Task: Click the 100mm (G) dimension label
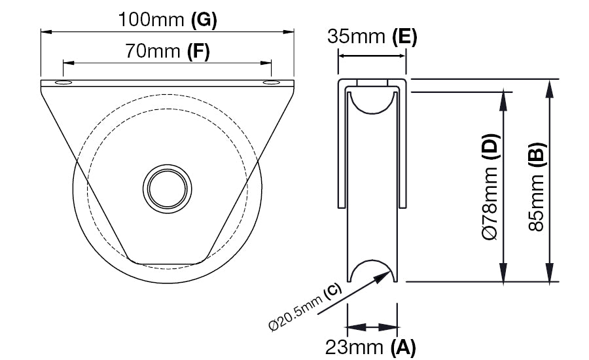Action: pyautogui.click(x=168, y=20)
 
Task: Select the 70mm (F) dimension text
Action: pyautogui.click(x=167, y=52)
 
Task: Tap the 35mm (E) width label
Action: pyautogui.click(x=372, y=37)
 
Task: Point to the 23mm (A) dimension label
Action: pyautogui.click(x=370, y=347)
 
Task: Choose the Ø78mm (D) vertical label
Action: pyautogui.click(x=491, y=187)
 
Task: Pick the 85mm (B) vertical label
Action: pyautogui.click(x=537, y=187)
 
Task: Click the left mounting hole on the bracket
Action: pyautogui.click(x=63, y=82)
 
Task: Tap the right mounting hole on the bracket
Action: pyautogui.click(x=271, y=82)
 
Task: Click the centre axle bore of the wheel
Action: pyautogui.click(x=167, y=189)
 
